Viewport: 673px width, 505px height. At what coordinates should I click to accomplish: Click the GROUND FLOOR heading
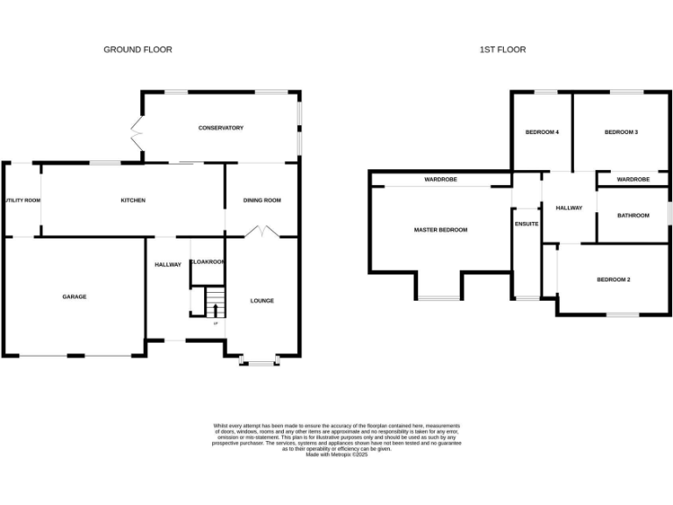click(138, 50)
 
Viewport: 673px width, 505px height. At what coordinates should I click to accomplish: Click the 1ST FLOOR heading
click(503, 50)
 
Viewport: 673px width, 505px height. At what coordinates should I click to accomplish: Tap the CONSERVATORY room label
click(220, 128)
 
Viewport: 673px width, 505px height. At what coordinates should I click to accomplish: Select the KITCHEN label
click(132, 201)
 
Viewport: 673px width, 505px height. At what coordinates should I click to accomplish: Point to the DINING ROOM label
click(262, 201)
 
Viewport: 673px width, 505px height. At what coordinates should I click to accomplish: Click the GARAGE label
click(74, 296)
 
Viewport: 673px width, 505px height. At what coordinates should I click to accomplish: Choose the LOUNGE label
click(262, 301)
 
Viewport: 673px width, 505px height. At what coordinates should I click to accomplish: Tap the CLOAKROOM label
click(209, 262)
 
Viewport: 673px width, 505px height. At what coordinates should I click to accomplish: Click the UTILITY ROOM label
click(22, 201)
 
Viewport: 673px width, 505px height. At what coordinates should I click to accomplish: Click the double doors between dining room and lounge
click(262, 232)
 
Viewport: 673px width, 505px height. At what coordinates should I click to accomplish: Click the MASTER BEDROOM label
click(441, 230)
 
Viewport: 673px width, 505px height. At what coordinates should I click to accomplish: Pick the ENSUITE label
click(527, 224)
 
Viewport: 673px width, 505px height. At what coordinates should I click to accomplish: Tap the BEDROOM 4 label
click(542, 132)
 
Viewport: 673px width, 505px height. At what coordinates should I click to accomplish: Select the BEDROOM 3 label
click(620, 132)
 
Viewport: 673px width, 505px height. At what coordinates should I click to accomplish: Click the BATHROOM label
click(633, 215)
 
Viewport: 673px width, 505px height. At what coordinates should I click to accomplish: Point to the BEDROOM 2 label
click(613, 280)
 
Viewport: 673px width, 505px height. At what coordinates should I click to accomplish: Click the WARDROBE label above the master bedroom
click(441, 180)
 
